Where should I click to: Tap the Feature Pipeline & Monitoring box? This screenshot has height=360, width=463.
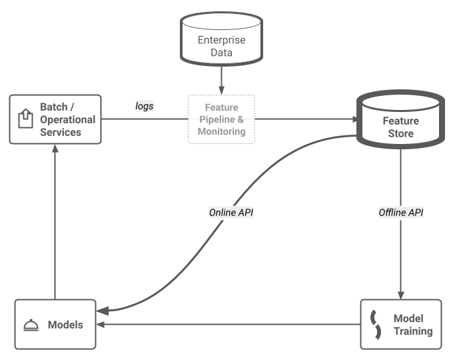tap(221, 119)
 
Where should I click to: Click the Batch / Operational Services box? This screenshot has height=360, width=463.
tap(55, 119)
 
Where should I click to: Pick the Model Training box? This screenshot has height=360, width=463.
tap(400, 325)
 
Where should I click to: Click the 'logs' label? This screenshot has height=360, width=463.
tap(145, 105)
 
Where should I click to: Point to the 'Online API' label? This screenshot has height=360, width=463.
tap(231, 213)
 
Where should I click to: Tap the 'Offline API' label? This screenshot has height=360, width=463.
tap(401, 213)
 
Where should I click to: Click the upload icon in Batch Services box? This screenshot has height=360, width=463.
tap(25, 119)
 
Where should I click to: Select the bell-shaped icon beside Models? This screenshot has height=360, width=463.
tap(30, 325)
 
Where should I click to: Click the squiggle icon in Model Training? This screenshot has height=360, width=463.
tap(375, 325)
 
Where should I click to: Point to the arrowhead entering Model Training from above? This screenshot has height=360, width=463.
tap(400, 293)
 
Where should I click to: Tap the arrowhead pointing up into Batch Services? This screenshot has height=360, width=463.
tap(55, 149)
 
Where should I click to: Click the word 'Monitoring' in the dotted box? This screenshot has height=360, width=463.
tap(221, 132)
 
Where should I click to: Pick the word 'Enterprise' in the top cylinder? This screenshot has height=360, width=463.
tap(221, 40)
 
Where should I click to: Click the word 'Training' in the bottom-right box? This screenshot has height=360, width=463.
tap(412, 331)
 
